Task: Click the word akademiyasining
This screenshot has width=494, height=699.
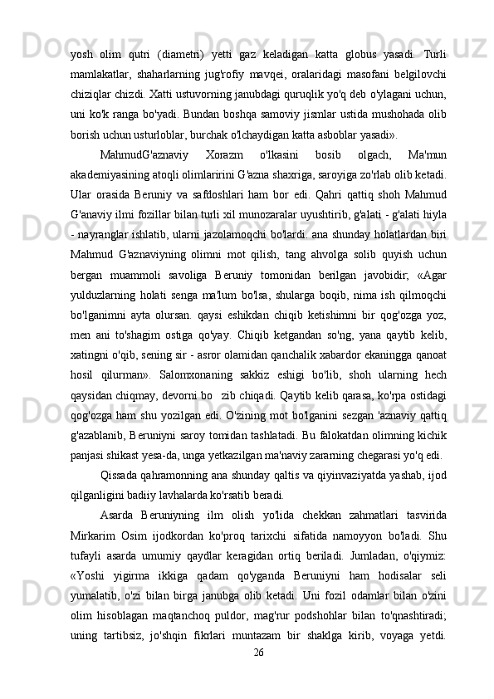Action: point(115,176)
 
